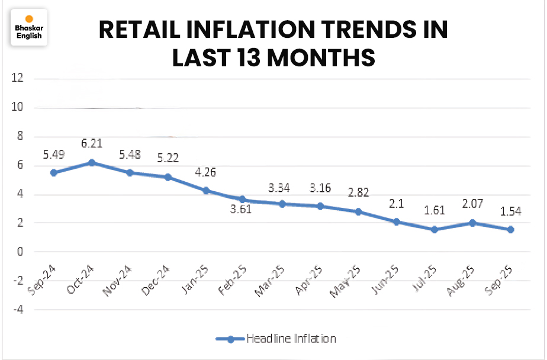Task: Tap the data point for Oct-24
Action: coord(92,162)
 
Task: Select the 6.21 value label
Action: coord(92,143)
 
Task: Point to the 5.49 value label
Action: coord(53,154)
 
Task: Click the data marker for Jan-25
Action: coord(206,190)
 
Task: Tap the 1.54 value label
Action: coord(510,211)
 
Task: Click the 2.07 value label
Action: coord(472,204)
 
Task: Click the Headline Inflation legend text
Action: coord(291,339)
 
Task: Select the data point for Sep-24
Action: coord(54,172)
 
